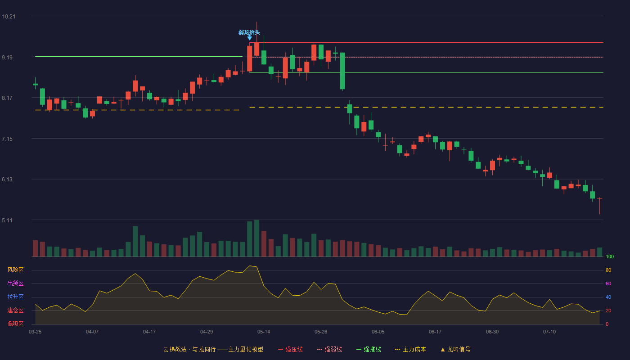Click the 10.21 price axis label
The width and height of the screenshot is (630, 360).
point(9,17)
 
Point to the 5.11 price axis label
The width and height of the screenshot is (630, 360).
point(7,220)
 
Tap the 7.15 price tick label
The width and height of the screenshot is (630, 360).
point(7,139)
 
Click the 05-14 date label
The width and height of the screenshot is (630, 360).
point(264,332)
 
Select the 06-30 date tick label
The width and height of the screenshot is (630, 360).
point(492,332)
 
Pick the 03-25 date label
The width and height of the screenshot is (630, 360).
point(35,332)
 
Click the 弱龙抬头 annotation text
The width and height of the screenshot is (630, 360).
point(249,32)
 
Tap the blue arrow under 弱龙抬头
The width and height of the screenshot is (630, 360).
point(249,38)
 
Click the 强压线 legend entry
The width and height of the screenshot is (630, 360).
point(290,349)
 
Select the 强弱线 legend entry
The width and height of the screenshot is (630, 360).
point(329,349)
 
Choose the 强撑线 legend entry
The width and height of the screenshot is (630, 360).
point(369,349)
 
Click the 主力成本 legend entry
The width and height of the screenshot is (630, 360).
point(410,349)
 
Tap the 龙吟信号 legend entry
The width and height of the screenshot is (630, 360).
point(455,349)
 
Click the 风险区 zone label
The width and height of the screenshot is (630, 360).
point(15,270)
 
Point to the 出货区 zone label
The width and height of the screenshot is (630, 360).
point(15,283)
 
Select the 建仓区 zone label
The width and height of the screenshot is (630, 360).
point(15,310)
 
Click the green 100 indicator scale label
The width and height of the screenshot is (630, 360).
point(610,256)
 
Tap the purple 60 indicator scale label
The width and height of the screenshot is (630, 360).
point(608,283)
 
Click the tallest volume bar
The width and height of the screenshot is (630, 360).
point(257,238)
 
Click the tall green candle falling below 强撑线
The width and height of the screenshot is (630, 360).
point(342,71)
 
